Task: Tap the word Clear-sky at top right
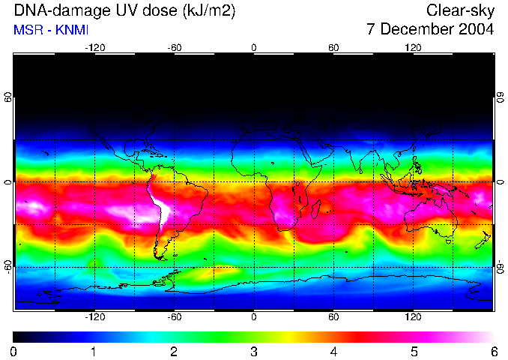(x=460, y=10)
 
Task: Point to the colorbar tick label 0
(x=13, y=351)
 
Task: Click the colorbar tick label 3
(x=253, y=351)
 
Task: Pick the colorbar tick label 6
(x=493, y=351)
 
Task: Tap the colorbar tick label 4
(x=333, y=351)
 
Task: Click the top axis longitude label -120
(x=94, y=47)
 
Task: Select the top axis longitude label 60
(x=333, y=47)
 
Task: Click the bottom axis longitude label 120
(x=413, y=316)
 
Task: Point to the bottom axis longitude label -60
(x=174, y=316)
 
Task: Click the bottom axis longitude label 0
(x=254, y=316)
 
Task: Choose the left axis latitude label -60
(x=7, y=266)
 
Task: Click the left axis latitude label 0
(x=7, y=181)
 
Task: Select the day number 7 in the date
(x=371, y=30)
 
